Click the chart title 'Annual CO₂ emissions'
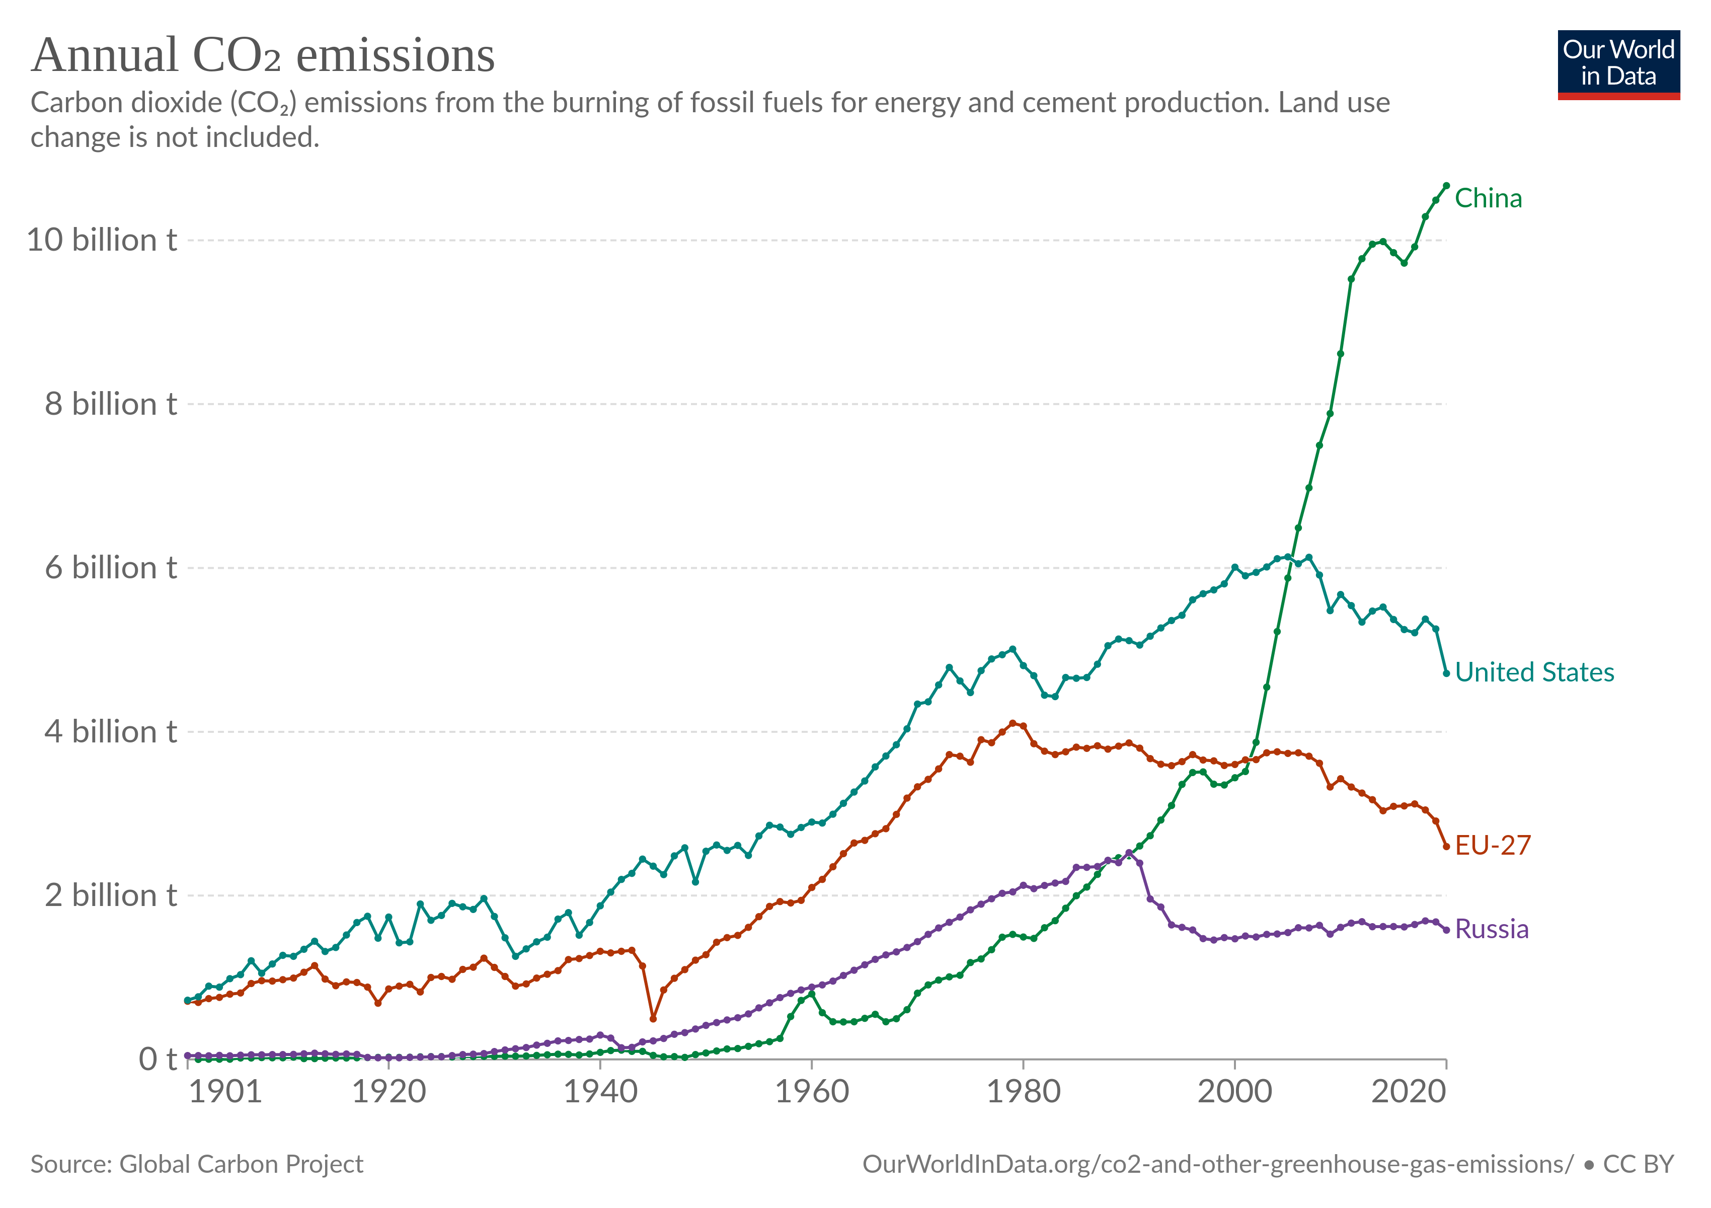coord(263,56)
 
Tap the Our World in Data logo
coord(1618,64)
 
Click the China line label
coord(1488,199)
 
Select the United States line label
coord(1534,672)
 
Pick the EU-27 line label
coord(1493,845)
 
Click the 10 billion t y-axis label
coord(102,240)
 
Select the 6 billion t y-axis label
coord(110,568)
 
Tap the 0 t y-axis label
coord(157,1059)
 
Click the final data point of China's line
coord(1446,186)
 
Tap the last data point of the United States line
coord(1446,673)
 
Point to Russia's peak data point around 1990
coord(1129,853)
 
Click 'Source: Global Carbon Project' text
coord(197,1164)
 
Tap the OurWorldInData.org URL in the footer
coord(1218,1164)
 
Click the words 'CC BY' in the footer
coord(1638,1164)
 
